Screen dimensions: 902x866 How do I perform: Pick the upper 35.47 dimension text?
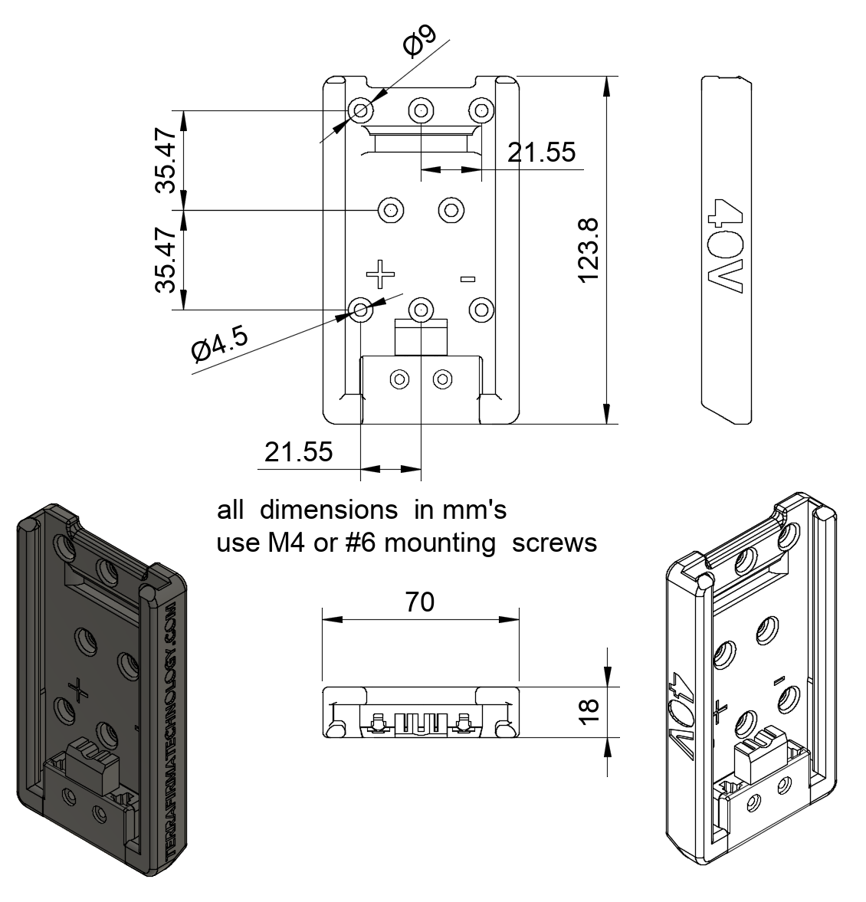166,160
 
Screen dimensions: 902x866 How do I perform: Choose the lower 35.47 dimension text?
166,261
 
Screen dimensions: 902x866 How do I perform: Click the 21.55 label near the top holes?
541,153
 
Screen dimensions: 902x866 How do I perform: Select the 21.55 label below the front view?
299,452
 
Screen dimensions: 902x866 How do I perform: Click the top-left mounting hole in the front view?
360,110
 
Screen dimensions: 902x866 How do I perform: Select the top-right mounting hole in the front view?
481,110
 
